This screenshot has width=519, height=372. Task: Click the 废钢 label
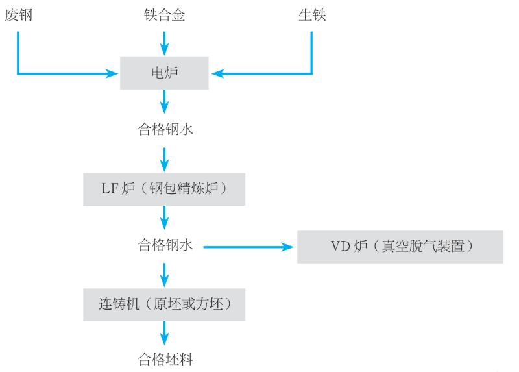[x=18, y=15]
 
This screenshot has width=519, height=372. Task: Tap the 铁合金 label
[x=164, y=15]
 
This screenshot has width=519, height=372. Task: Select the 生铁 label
[x=312, y=15]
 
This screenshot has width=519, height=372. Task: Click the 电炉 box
[x=164, y=73]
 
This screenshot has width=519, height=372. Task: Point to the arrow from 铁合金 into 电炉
[x=164, y=42]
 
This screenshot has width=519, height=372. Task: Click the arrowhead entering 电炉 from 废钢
[x=112, y=73]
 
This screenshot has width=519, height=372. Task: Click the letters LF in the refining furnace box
[x=109, y=189]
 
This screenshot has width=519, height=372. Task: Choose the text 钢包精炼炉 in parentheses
[x=188, y=189]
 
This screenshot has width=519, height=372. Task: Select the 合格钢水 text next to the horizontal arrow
[x=165, y=245]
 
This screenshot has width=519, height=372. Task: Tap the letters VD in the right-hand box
[x=339, y=246]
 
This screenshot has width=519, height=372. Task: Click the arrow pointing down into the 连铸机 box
[x=164, y=275]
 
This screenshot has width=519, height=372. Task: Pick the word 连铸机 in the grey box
[x=115, y=304]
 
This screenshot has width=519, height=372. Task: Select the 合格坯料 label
[x=165, y=359]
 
